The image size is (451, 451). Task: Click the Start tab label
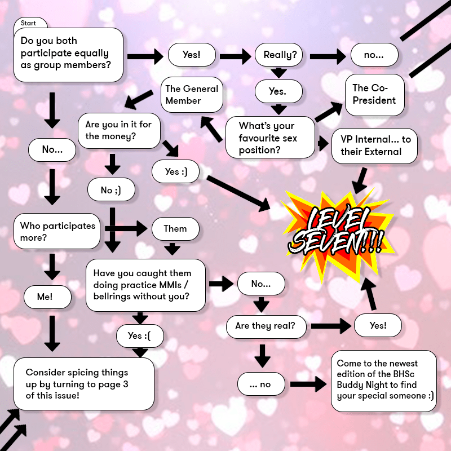click(29, 23)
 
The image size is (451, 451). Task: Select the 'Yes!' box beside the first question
click(192, 55)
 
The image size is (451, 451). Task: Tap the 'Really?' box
click(276, 55)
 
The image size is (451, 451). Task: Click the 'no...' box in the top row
click(374, 55)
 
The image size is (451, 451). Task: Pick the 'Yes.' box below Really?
click(278, 91)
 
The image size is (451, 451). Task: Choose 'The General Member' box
click(192, 94)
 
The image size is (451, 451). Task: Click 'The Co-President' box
click(374, 94)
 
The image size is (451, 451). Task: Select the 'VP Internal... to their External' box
click(375, 145)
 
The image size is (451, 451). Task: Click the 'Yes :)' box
click(175, 172)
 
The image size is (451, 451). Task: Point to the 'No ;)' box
click(111, 190)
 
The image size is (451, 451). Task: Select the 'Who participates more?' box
click(58, 231)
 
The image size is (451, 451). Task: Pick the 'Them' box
click(175, 228)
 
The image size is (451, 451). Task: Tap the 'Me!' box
click(47, 297)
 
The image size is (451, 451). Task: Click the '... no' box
click(262, 384)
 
